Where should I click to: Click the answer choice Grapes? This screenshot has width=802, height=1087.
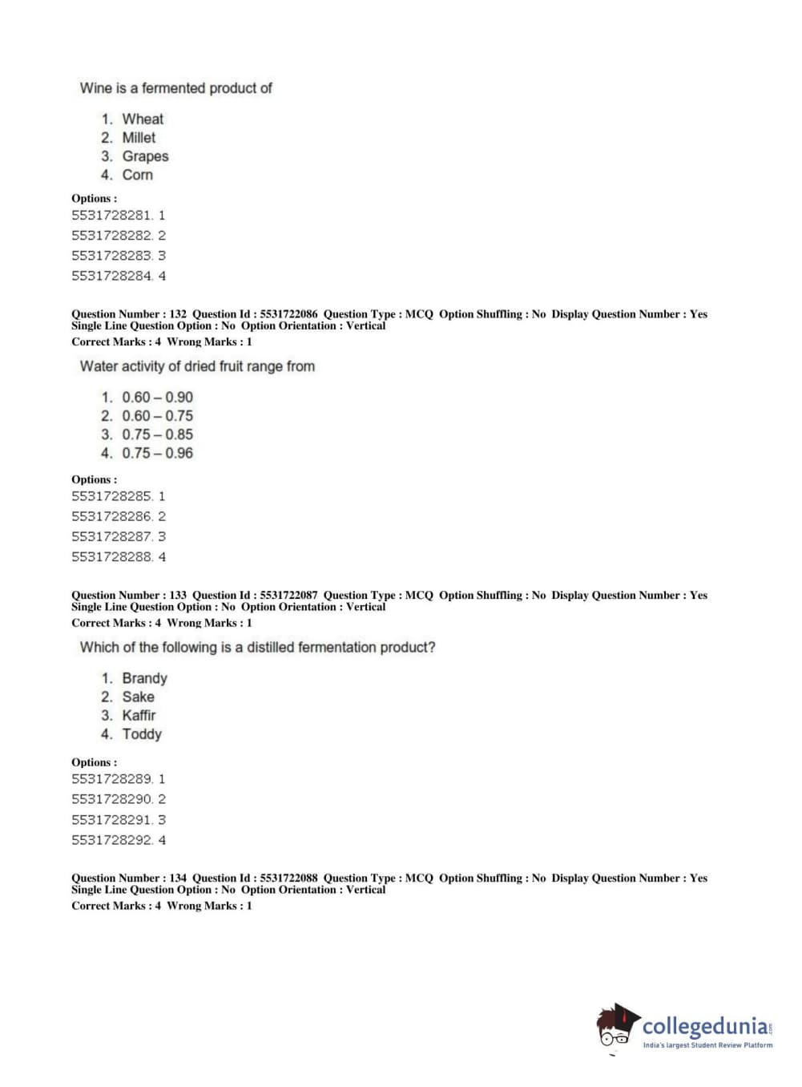[x=145, y=156]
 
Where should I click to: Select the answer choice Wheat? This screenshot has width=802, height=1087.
[x=143, y=119]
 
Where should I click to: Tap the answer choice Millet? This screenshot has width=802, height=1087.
[x=139, y=138]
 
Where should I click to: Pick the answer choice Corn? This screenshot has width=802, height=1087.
[x=137, y=175]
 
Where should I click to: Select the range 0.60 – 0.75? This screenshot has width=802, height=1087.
[x=157, y=416]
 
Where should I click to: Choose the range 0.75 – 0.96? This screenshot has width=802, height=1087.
[x=157, y=453]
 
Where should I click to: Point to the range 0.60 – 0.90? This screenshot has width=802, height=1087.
[x=157, y=398]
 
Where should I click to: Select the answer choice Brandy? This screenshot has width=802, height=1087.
[x=144, y=678]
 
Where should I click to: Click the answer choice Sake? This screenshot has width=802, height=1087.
[x=138, y=697]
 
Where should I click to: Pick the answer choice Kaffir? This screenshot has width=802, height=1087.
[x=139, y=715]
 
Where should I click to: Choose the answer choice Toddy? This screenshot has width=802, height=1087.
[x=142, y=734]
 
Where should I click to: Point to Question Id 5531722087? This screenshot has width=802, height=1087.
[x=255, y=596]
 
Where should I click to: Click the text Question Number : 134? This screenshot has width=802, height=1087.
[x=128, y=878]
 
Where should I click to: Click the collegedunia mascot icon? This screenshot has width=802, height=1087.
[x=617, y=1027]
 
